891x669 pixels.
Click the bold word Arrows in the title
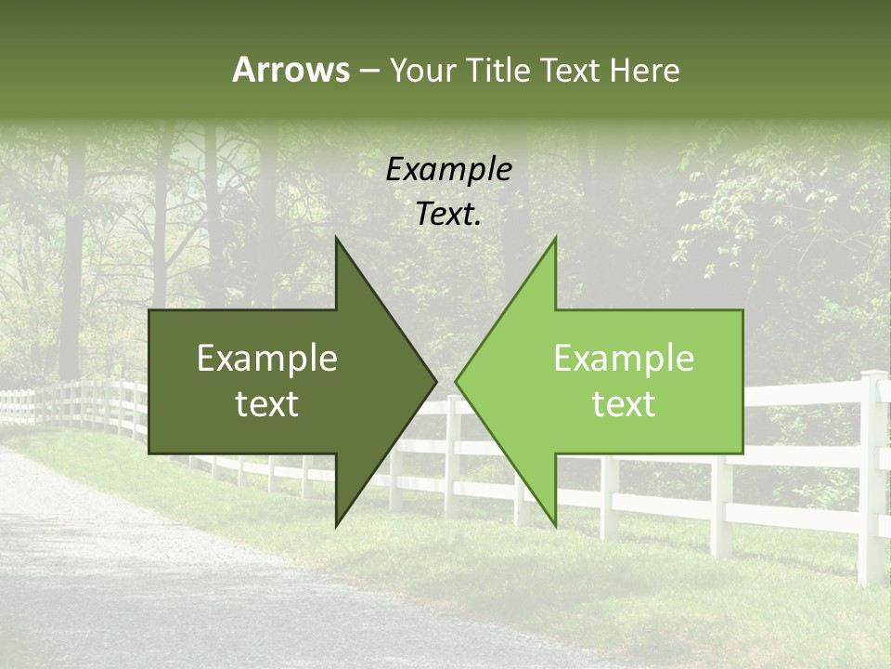click(291, 70)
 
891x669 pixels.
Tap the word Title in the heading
click(497, 71)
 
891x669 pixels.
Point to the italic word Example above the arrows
click(448, 169)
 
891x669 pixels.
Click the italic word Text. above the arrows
click(448, 215)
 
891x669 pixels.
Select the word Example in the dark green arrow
click(267, 358)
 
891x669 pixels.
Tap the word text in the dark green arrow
click(267, 403)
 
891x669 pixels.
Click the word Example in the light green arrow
click(624, 358)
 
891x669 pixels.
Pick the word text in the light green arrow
click(624, 403)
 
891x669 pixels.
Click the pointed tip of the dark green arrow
click(435, 381)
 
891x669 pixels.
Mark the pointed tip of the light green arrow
click(457, 381)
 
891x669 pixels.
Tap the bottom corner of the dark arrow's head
click(337, 524)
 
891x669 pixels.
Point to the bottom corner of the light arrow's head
click(555, 524)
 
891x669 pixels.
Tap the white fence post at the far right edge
click(872, 474)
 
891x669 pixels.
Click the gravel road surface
click(139, 576)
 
